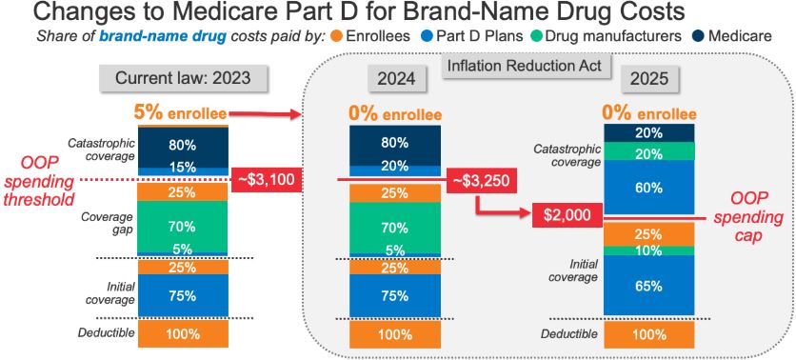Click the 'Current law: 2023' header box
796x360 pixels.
[x=183, y=79]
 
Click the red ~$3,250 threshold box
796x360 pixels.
[x=481, y=180]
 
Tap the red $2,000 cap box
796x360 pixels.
[x=567, y=215]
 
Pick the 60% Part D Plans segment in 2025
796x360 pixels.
[x=648, y=188]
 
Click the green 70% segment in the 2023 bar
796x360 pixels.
[x=183, y=227]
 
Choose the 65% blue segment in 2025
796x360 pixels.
[x=648, y=285]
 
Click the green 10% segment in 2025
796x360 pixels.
[x=648, y=250]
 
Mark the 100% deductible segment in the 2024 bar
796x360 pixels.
[x=395, y=334]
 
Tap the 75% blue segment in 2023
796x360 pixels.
[x=183, y=295]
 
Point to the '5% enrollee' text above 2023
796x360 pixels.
[x=180, y=113]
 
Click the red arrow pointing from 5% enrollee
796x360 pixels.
[x=264, y=114]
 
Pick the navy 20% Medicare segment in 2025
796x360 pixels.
[x=648, y=133]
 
